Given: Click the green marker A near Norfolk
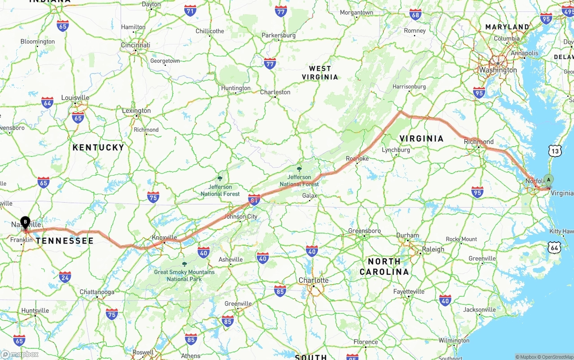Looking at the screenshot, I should coord(548,180).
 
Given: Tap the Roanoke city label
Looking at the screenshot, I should coord(357,159).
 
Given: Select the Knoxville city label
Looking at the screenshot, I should coord(164,237).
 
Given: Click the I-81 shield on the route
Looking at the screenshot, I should coord(254,200).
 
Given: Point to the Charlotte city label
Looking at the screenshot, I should coord(313,280).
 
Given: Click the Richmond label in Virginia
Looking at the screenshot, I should coord(478,142).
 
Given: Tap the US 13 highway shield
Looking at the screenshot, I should coord(555,151).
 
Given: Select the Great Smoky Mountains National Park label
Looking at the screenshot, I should coord(184,275).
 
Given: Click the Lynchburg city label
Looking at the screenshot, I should coord(396,150).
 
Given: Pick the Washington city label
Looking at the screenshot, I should coord(498,70).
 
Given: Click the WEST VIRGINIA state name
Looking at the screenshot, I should coord(320,73).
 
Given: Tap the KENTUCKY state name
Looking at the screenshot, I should coord(98,147).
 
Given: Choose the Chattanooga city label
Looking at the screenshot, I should coord(97,292).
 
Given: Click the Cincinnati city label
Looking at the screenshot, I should coord(135,45).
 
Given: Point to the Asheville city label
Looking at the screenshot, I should coord(230,260).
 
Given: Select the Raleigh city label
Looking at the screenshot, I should coord(433,249).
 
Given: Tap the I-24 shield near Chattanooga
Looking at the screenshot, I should coord(65,277).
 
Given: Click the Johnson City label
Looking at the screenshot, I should coord(241,217).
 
